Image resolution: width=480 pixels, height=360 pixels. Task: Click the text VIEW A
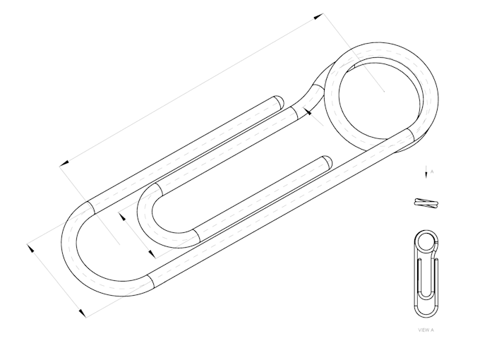426,330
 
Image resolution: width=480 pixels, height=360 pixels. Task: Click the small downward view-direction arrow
426,173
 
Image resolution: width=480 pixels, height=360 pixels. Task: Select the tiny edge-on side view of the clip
426,203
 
